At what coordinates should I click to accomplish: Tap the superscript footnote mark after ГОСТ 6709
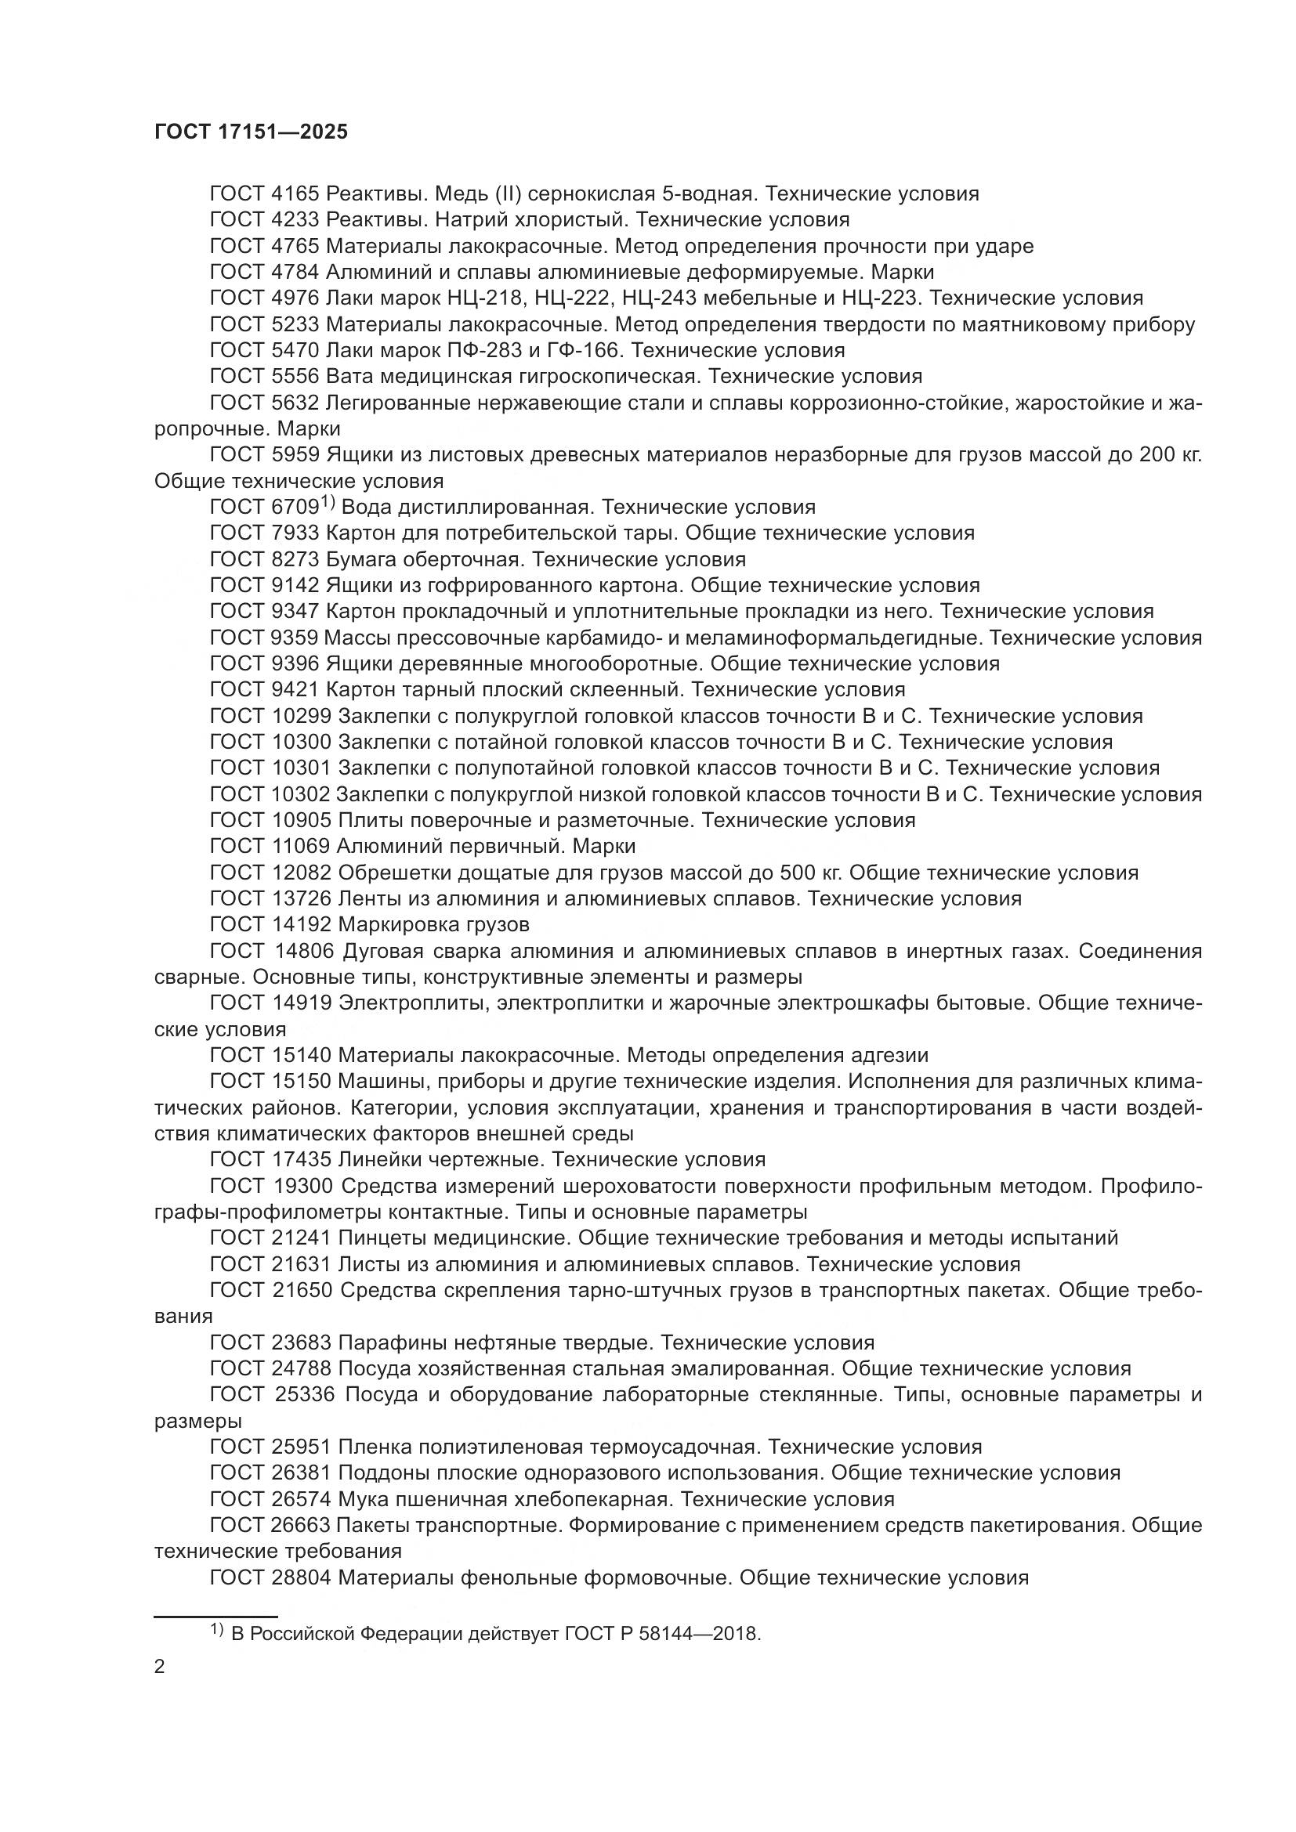point(327,503)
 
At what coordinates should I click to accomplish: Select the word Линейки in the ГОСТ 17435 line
point(382,1159)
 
